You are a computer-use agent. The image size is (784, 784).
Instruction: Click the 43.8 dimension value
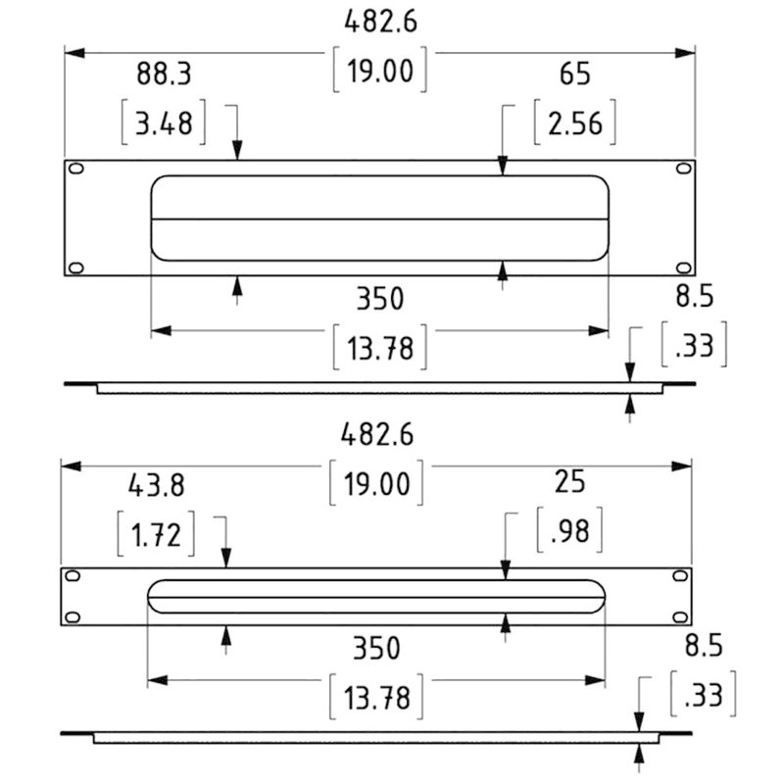pos(156,485)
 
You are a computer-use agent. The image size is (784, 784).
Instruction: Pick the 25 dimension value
pos(570,482)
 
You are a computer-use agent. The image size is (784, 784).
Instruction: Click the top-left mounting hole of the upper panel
pos(75,171)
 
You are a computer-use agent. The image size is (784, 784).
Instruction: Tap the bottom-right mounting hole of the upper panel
pos(682,267)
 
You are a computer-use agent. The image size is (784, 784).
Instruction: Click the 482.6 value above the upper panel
pos(379,23)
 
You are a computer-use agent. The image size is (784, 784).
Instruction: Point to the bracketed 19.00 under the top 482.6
pos(380,72)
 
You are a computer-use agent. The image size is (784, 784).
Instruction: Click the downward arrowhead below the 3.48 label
pos(237,152)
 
